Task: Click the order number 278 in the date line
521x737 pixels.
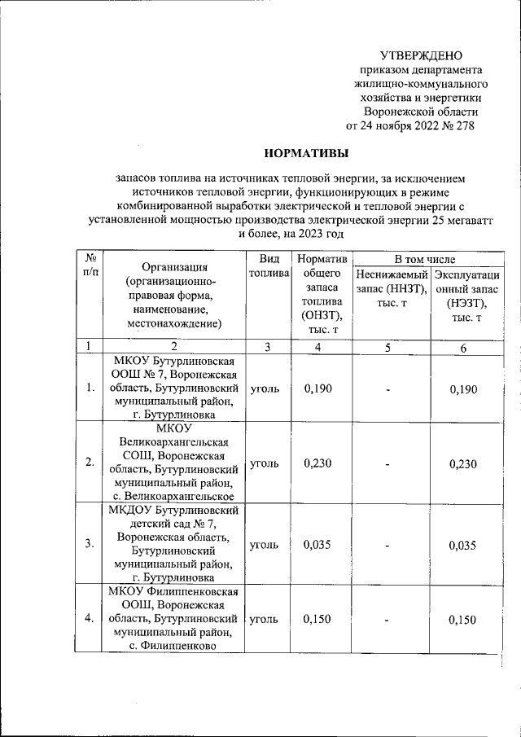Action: point(462,125)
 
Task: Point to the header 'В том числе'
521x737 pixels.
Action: point(425,258)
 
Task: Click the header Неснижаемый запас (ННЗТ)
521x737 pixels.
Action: point(388,288)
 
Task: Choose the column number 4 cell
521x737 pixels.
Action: point(318,347)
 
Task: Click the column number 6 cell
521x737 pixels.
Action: point(462,347)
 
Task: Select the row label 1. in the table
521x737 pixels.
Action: point(90,388)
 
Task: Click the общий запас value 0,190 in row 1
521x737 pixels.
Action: point(318,388)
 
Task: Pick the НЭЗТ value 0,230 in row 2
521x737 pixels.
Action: point(462,463)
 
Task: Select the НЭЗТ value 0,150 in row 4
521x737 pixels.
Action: point(462,620)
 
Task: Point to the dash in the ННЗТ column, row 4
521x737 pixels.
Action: point(388,620)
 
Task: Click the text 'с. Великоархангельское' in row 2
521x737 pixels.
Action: point(173,496)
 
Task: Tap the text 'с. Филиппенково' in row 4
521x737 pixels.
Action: point(173,646)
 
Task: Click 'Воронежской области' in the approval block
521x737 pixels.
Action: point(420,112)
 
